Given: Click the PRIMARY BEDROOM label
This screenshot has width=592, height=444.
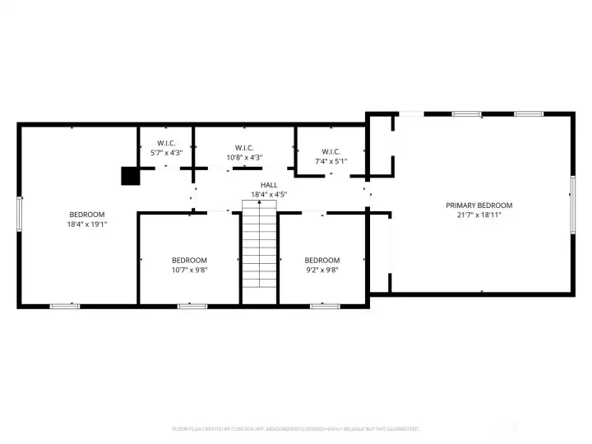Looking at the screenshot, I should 479,206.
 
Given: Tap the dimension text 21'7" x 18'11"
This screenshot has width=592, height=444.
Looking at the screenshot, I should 479,215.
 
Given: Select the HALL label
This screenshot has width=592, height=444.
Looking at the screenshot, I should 269,186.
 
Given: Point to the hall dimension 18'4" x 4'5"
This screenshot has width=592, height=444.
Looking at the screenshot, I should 269,195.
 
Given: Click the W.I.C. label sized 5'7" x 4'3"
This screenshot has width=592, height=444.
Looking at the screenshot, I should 166,143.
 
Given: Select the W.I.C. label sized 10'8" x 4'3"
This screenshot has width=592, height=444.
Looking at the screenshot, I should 244,148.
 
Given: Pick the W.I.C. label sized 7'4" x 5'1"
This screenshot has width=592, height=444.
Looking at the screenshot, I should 331,151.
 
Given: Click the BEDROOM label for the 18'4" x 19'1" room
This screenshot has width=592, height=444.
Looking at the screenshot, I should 86,215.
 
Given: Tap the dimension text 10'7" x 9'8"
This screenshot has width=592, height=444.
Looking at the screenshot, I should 189,270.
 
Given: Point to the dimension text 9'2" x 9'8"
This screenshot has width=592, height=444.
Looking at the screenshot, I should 321,270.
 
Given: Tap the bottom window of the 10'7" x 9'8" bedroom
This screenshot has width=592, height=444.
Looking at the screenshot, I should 190,306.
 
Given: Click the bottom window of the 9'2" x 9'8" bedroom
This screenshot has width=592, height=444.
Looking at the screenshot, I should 325,306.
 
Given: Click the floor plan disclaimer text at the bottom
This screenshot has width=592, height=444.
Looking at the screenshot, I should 296,428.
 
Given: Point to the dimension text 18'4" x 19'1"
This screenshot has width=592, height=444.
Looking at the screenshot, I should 86,224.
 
